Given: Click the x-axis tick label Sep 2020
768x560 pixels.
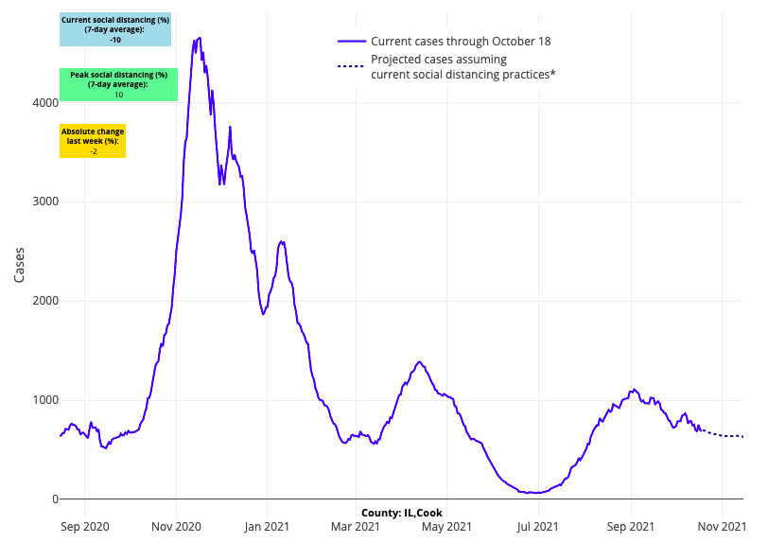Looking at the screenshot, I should pos(84,526).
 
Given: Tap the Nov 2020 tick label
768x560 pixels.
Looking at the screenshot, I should pos(176,526).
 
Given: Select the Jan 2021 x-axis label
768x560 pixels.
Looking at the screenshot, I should pos(267,526).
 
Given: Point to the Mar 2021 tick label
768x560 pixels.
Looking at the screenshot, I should pos(356,526).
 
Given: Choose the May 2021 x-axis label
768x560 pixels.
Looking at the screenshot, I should pos(445,526).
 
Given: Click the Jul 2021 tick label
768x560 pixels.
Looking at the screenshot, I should pos(538,526).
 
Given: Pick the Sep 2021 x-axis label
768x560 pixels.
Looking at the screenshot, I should pos(630,526).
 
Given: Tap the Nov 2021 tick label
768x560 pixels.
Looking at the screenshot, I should pos(722,526).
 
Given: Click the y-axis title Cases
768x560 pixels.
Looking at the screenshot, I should pos(20,265).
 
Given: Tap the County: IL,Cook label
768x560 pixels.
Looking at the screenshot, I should pos(402,513).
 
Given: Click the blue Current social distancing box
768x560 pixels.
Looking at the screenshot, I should pos(115,29).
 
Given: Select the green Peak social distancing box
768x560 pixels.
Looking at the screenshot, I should pos(118,84).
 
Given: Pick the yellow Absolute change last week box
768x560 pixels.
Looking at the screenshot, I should pos(93,141).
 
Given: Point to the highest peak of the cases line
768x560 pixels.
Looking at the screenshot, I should pos(199,38).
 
